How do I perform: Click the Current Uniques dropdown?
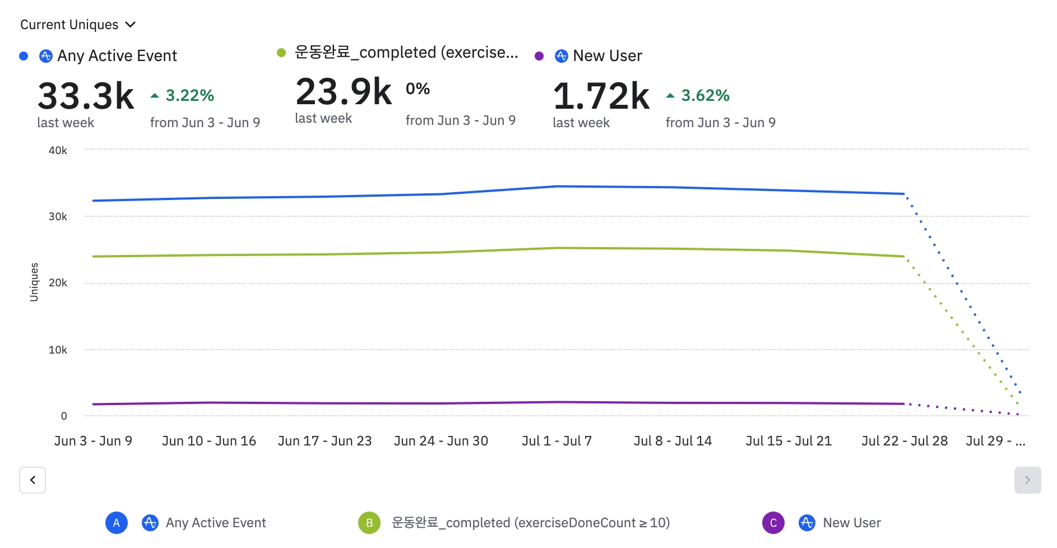click(78, 25)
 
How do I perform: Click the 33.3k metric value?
click(86, 96)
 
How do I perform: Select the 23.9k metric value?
click(344, 92)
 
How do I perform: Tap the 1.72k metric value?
click(601, 96)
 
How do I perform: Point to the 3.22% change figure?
click(189, 95)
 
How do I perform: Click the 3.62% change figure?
click(705, 95)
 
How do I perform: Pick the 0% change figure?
click(418, 89)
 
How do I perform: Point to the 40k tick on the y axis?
click(58, 150)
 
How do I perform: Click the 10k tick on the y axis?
click(58, 350)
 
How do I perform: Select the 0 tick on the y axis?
click(64, 416)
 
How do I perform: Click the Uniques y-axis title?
click(34, 282)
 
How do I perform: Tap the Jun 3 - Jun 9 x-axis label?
click(93, 441)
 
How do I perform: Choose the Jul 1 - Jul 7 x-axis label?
click(557, 441)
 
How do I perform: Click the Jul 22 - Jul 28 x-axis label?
click(904, 441)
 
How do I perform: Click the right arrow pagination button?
click(1027, 480)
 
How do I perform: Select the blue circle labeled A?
click(117, 523)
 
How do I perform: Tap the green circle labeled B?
click(369, 523)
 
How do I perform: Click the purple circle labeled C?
click(773, 523)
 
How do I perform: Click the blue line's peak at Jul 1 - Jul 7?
click(557, 186)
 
